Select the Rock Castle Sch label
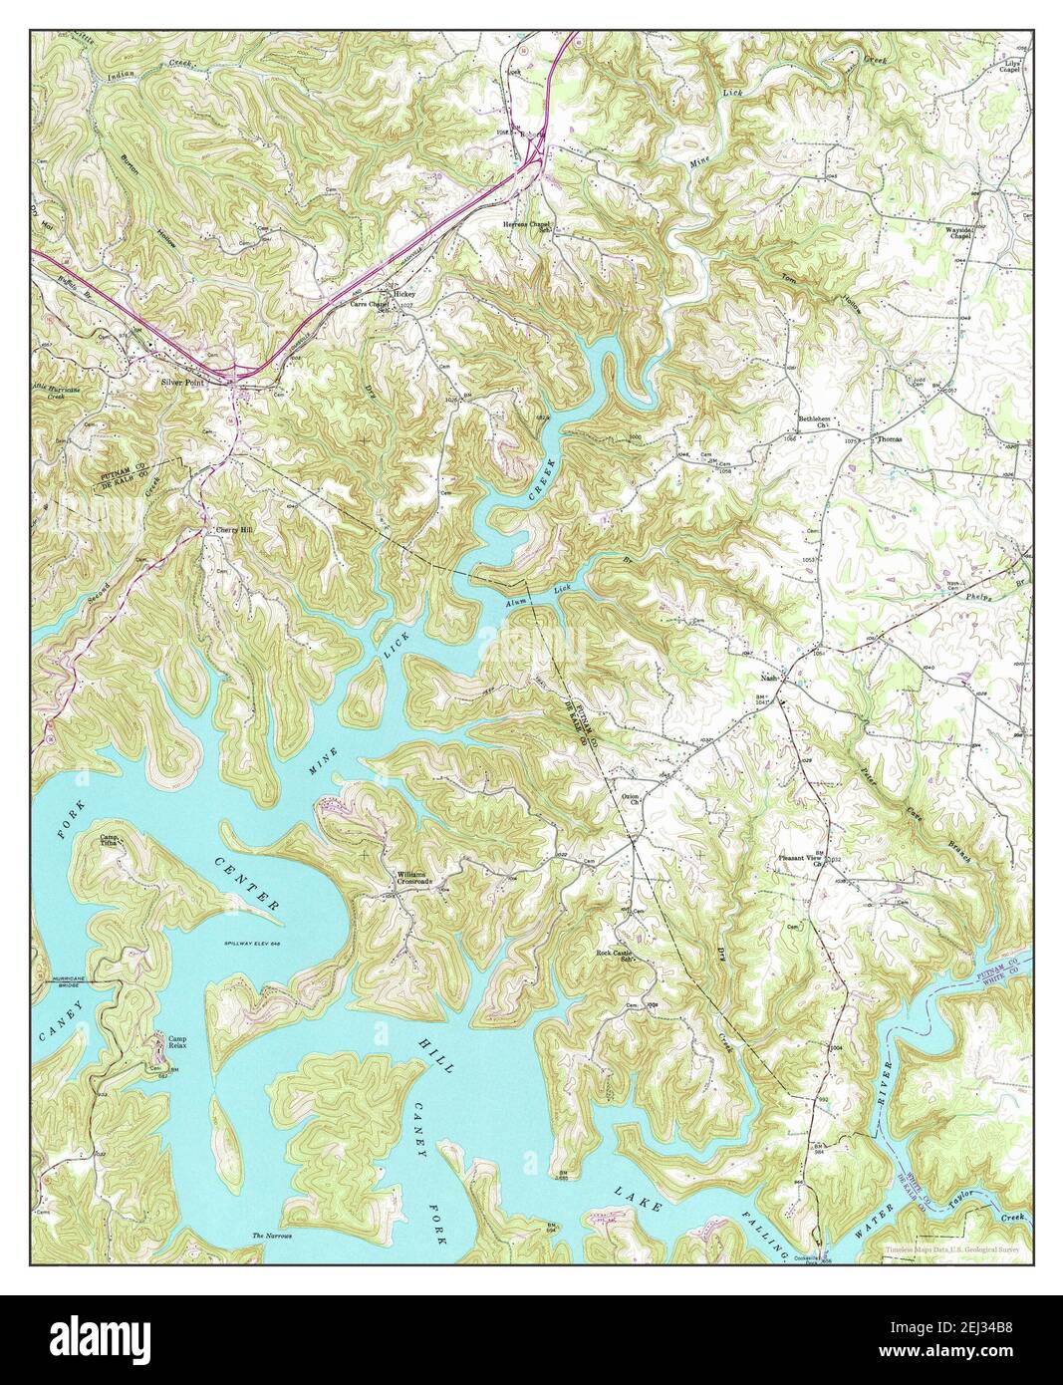[x=615, y=956]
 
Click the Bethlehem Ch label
[x=813, y=421]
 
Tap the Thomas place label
[x=889, y=438]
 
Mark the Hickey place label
[x=404, y=295]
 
